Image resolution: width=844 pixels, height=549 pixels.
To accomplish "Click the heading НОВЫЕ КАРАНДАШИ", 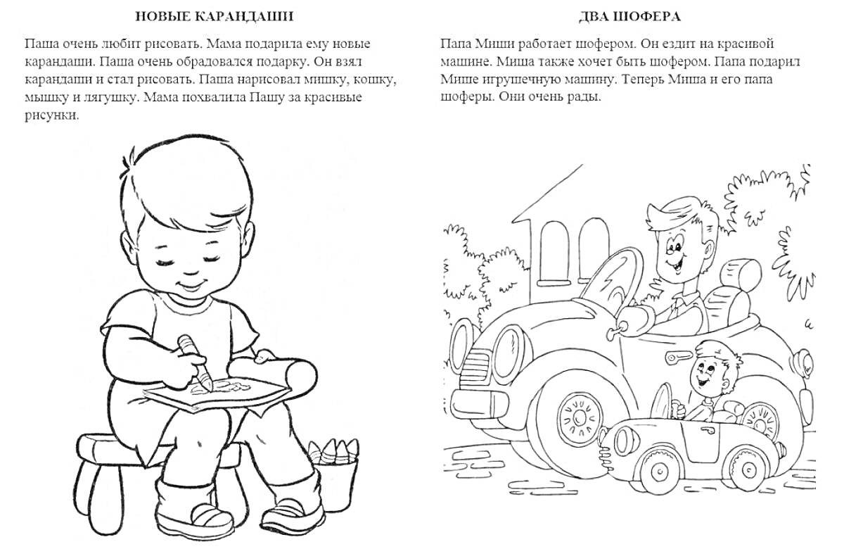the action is pos(214,17).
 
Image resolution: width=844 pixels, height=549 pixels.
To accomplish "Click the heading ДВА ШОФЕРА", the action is pos(629,17).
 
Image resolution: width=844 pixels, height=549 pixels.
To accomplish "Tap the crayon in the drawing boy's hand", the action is pos(196,362).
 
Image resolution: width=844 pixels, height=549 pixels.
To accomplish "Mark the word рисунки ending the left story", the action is pos(51,115).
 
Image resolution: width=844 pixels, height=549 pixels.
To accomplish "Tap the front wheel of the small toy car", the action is pos(660,471).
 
